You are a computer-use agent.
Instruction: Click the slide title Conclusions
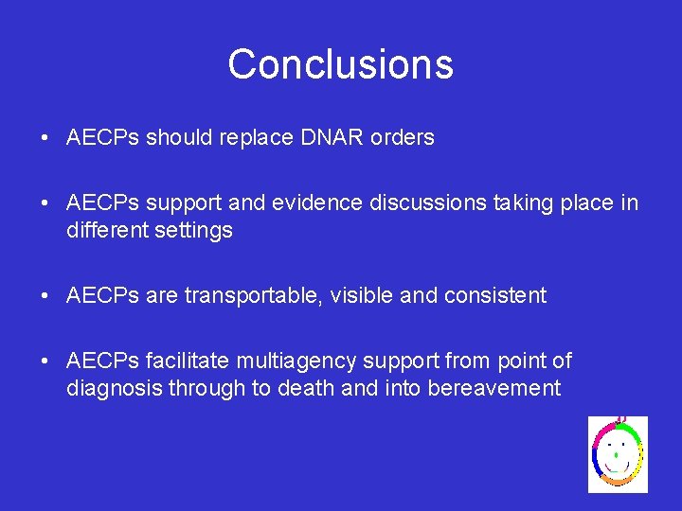point(340,64)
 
